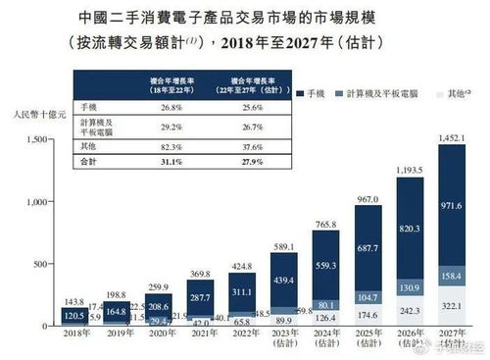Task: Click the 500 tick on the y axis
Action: pos(39,264)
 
